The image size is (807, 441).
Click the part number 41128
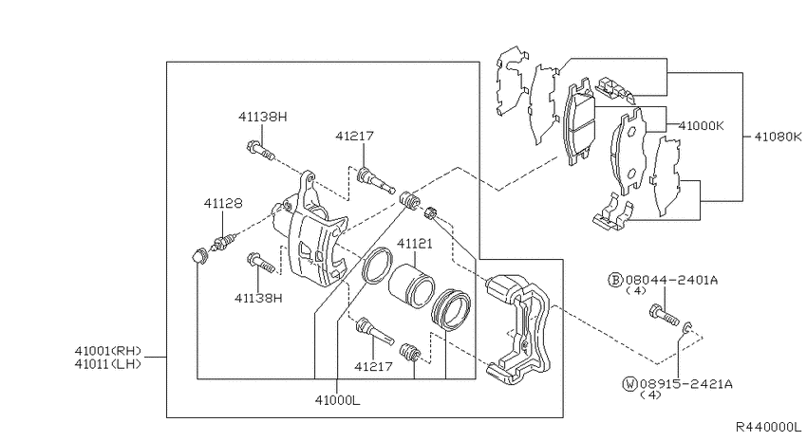(x=223, y=204)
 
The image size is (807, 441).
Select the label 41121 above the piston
(x=414, y=244)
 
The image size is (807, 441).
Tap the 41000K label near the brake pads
(x=702, y=125)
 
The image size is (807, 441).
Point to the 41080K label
(x=778, y=137)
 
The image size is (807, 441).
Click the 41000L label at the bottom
(x=338, y=400)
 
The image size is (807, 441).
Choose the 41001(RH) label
(x=107, y=352)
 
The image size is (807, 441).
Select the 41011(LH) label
(x=107, y=364)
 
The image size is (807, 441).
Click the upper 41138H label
(x=262, y=118)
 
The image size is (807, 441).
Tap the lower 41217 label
(x=373, y=366)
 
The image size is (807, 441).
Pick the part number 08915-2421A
(x=685, y=383)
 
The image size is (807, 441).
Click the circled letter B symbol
(x=615, y=280)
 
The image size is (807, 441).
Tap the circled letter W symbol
(x=629, y=383)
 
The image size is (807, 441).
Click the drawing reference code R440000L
(x=768, y=427)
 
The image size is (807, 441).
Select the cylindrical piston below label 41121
(x=411, y=285)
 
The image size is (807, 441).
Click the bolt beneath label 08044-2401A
(x=664, y=315)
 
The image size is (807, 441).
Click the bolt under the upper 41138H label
(x=260, y=150)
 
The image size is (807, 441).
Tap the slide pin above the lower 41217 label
(x=375, y=332)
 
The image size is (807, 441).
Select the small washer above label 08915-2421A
(x=688, y=328)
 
